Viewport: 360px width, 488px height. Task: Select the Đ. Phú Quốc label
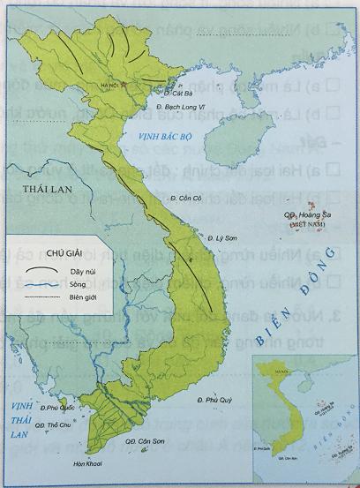point(51,409)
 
